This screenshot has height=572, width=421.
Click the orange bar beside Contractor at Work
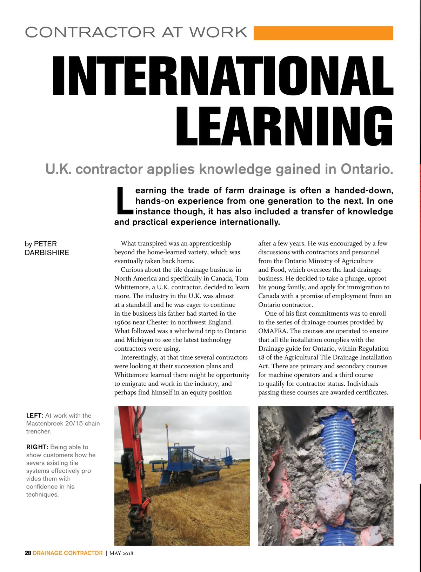click(x=323, y=33)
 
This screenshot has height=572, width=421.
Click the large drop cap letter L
click(x=123, y=201)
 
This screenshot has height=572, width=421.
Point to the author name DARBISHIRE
click(x=47, y=253)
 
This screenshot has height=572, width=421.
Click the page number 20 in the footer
click(x=28, y=553)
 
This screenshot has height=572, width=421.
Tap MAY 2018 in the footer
click(x=121, y=553)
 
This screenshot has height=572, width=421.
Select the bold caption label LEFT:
click(x=35, y=416)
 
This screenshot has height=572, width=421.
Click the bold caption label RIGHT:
click(x=37, y=447)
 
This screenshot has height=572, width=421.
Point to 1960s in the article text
click(x=122, y=322)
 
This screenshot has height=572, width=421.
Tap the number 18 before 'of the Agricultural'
click(x=262, y=357)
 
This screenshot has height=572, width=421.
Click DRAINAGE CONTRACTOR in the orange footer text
click(x=68, y=553)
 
